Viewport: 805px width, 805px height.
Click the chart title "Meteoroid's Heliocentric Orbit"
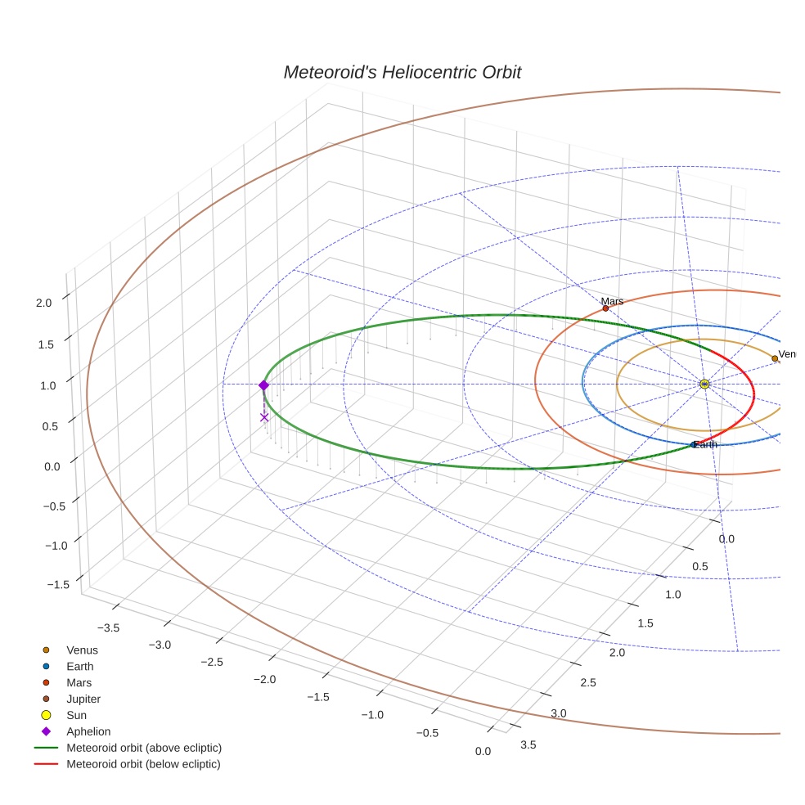[402, 72]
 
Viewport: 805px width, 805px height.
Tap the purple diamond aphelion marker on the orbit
[263, 385]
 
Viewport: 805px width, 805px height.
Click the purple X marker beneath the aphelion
[264, 417]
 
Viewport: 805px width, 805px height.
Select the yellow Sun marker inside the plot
[704, 384]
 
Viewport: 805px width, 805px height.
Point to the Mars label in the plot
[612, 301]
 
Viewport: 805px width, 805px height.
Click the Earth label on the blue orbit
[705, 444]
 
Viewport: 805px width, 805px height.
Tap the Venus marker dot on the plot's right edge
[775, 358]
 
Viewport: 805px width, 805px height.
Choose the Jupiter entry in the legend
[83, 699]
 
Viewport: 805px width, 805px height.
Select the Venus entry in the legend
[82, 650]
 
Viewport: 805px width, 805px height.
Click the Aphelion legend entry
[88, 731]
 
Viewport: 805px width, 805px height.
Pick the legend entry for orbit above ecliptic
[143, 748]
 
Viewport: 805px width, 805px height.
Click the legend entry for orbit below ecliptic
[143, 764]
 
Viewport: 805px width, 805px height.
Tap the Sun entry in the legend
[76, 715]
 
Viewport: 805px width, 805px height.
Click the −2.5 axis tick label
[212, 661]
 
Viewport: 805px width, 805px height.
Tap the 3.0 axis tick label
[558, 713]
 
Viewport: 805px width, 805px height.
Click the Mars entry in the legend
[79, 682]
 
